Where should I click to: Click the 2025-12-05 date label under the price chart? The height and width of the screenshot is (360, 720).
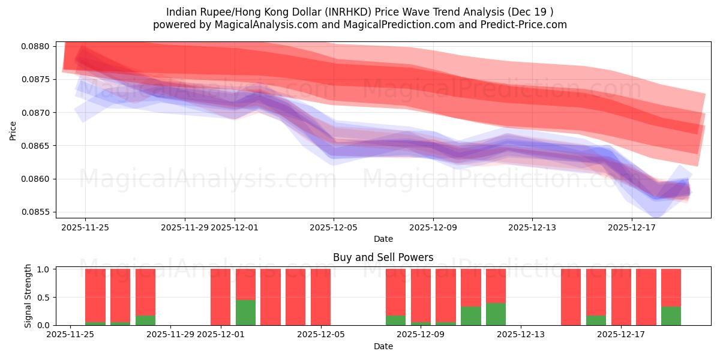[334, 227]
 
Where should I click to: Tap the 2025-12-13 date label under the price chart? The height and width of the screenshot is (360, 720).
[532, 227]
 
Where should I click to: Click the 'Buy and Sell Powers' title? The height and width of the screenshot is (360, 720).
[383, 257]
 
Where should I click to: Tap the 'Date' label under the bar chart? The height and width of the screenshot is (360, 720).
[383, 346]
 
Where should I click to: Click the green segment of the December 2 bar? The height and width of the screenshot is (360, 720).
[245, 313]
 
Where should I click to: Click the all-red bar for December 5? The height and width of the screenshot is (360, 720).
[320, 297]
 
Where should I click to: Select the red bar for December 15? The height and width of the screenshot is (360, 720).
[571, 297]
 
